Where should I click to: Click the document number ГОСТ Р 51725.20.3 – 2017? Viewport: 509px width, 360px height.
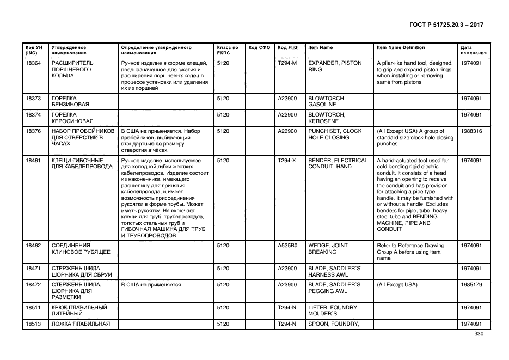[x=445, y=25]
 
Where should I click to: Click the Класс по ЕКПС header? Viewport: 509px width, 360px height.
[x=228, y=50]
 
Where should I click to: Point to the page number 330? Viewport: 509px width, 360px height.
[x=479, y=334]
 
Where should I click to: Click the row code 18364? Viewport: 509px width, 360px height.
[x=33, y=63]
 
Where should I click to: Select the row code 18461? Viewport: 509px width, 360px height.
[x=33, y=161]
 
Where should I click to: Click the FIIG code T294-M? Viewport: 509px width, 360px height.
[x=287, y=63]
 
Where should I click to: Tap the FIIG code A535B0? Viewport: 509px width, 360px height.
[x=287, y=246]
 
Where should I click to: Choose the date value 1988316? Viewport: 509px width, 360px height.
[x=471, y=131]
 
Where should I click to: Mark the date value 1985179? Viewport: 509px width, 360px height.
[x=471, y=285]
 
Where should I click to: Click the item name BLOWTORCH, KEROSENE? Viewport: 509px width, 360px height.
[x=327, y=118]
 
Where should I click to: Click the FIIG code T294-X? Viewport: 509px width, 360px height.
[x=287, y=161]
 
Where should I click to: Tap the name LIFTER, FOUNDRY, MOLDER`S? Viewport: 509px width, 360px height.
[x=333, y=310]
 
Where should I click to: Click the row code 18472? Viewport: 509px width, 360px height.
[x=33, y=285]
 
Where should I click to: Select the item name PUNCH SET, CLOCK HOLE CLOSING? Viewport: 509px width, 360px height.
[x=335, y=135]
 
